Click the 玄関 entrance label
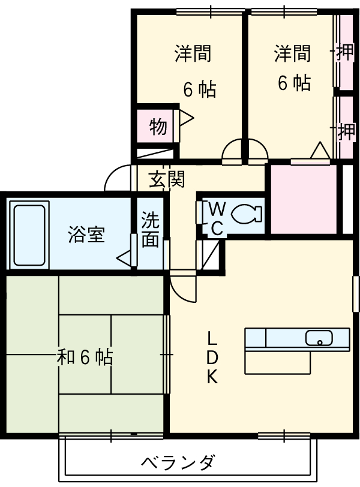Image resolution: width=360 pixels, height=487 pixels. [x=166, y=179]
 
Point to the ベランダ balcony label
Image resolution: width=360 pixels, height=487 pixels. [x=178, y=462]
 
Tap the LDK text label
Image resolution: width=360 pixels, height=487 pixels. [x=212, y=357]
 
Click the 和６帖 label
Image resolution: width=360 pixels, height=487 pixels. [x=85, y=358]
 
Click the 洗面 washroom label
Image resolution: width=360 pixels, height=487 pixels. [x=150, y=230]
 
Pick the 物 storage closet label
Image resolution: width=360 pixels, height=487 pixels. [x=157, y=127]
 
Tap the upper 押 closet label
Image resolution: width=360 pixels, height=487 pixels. [x=345, y=53]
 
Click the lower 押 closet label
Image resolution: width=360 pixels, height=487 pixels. [x=346, y=131]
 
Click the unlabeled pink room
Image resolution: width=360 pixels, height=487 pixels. [x=303, y=198]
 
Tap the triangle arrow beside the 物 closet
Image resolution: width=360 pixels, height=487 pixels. [x=185, y=118]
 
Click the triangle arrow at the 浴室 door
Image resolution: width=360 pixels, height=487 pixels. [x=124, y=258]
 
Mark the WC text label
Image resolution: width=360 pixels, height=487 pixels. [x=217, y=218]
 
